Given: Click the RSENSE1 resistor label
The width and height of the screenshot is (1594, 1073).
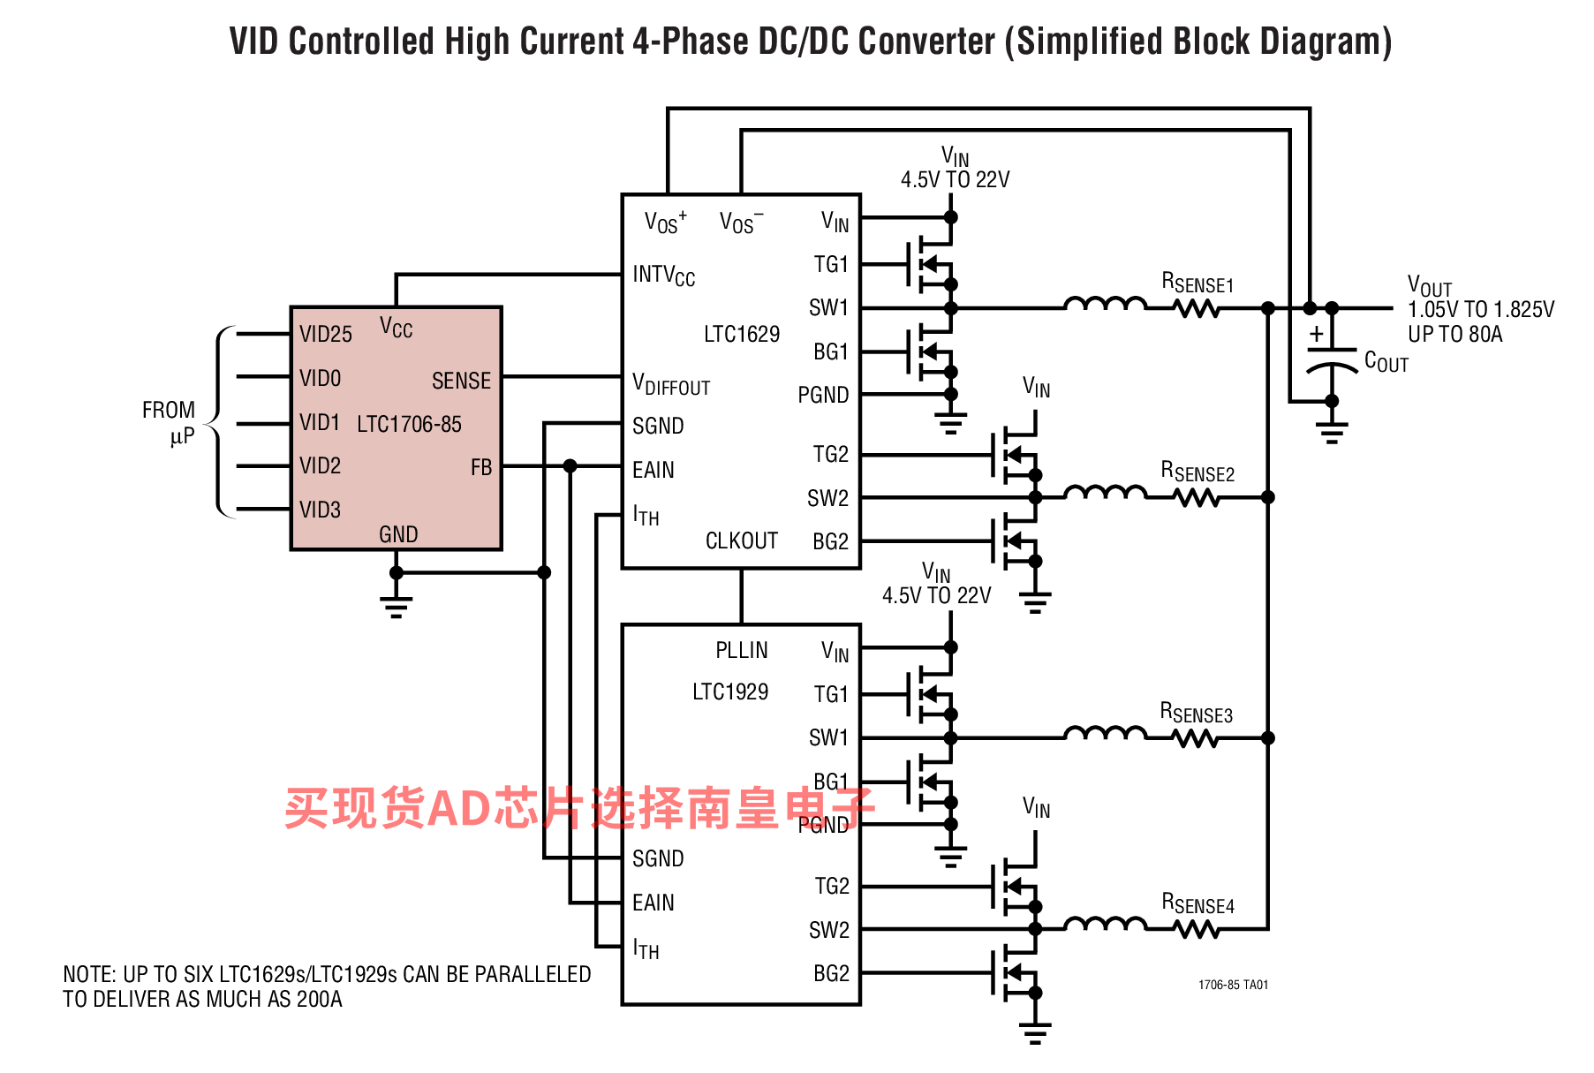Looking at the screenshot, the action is (1197, 283).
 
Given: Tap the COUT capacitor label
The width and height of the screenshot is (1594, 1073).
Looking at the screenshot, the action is (1386, 361).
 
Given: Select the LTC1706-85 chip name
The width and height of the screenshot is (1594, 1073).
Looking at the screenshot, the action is (409, 424).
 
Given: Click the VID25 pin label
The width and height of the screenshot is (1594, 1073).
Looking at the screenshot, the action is (325, 334).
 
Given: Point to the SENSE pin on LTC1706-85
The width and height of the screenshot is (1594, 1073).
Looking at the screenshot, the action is (461, 381).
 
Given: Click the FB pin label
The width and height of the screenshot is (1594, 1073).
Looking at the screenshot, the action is (481, 467).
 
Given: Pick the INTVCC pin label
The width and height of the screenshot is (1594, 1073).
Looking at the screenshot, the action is (664, 276).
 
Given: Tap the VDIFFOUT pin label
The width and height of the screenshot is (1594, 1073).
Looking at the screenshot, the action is (671, 384).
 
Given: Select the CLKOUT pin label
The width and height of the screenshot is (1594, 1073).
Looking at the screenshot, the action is (742, 540).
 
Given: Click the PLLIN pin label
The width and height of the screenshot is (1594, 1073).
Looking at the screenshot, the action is (742, 650).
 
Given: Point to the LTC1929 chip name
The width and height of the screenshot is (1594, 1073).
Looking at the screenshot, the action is (730, 691).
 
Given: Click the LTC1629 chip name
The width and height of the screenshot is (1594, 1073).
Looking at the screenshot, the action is (742, 334).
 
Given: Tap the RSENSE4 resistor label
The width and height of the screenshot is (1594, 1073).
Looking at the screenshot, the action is (1197, 903).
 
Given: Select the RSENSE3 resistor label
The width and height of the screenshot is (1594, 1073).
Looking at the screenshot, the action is (1197, 713).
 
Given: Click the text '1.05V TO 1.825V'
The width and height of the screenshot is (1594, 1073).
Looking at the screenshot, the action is (1481, 309).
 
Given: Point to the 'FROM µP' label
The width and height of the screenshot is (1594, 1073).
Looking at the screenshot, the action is (169, 422).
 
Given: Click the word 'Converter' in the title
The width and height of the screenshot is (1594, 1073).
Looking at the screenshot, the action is (926, 42).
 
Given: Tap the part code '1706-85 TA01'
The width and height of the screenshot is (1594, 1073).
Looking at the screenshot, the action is (1233, 985).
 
